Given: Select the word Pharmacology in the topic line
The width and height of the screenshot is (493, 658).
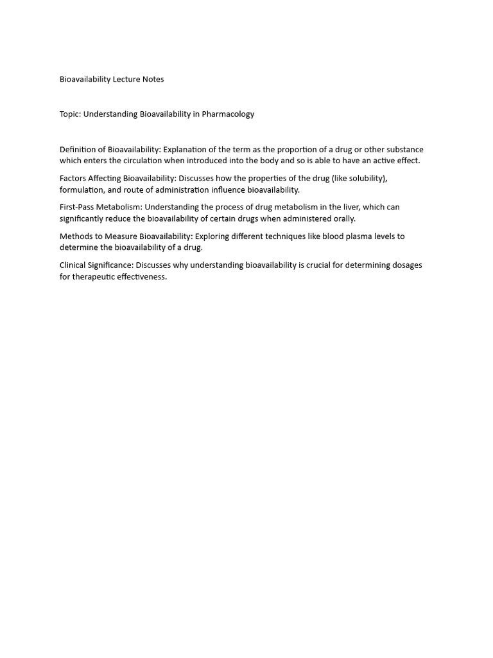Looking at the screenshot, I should (x=228, y=114).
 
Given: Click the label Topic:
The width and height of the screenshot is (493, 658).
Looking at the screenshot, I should (x=70, y=114).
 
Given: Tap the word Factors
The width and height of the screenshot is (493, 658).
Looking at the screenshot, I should (x=73, y=178).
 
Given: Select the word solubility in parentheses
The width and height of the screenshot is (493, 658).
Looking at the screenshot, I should (x=367, y=178).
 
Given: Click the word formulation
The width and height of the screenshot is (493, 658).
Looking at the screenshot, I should (x=81, y=190).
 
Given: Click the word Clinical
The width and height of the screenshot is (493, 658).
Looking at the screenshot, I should (x=73, y=265).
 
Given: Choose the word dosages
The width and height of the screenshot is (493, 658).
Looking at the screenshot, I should (x=406, y=265).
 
